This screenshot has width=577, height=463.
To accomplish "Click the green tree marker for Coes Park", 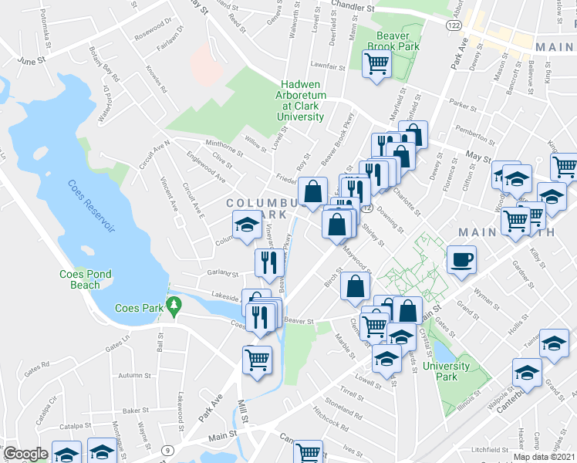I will [175, 306].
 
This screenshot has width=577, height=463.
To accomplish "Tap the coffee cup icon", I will [462, 260].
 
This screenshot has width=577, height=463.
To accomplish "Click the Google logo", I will [25, 454].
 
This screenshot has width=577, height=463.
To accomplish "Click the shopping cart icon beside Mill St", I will [257, 358].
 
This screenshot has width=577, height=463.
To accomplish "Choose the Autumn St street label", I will [134, 376].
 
